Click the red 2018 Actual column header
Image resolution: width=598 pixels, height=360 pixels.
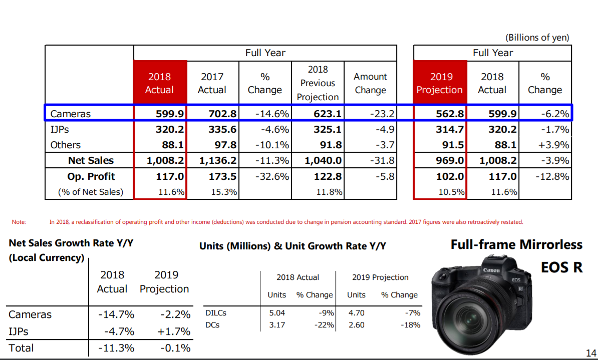(x=160, y=83)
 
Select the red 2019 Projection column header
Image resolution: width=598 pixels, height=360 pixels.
(x=439, y=83)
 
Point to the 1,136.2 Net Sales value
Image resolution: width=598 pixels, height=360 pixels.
(x=217, y=161)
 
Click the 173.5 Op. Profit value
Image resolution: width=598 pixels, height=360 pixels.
(x=223, y=177)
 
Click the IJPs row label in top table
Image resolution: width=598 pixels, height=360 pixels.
(x=59, y=130)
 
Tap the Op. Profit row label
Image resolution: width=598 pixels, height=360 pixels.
(x=91, y=177)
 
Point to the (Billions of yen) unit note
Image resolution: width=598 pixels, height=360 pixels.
(x=537, y=38)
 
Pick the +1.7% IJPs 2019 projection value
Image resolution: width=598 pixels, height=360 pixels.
(x=173, y=331)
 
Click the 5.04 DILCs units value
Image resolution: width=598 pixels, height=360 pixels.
(x=277, y=313)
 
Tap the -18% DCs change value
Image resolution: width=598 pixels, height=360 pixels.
(x=410, y=325)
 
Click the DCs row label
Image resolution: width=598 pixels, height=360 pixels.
(x=212, y=325)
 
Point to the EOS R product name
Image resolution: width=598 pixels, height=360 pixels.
(x=561, y=267)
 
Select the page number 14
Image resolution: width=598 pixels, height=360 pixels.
(x=590, y=353)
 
